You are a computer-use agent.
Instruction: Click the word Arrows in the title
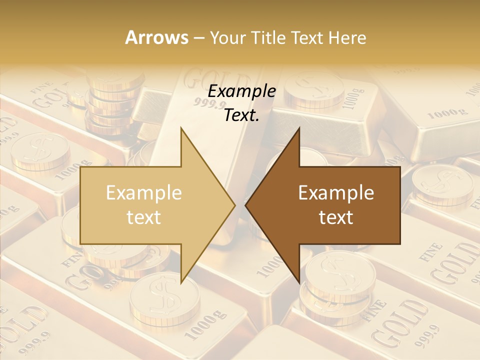pos(156,37)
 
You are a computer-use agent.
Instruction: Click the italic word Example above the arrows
pos(242,91)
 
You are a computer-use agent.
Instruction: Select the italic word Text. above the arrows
pos(242,115)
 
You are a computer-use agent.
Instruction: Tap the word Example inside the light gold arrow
pos(144,193)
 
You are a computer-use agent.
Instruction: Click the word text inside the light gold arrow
pos(144,217)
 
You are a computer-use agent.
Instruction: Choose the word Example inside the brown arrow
pos(336,193)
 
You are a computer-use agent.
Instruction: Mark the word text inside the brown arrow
pos(336,217)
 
